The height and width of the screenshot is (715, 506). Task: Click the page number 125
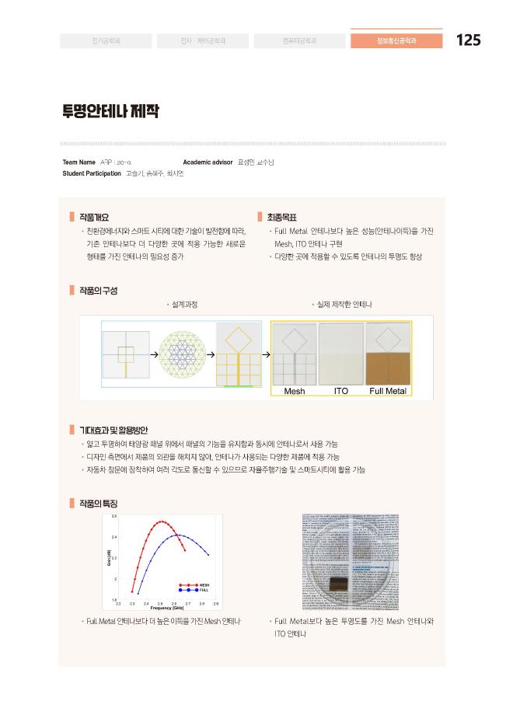(468, 40)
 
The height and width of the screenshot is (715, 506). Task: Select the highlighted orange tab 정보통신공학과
(396, 40)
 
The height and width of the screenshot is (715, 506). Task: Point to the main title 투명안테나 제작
(110, 111)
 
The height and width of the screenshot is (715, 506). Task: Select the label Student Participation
(92, 173)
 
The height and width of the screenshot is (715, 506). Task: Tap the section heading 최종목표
(281, 218)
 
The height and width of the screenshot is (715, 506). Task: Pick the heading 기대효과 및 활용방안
(113, 430)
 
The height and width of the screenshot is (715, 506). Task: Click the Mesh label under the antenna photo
(295, 391)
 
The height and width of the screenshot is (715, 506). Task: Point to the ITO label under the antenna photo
(340, 391)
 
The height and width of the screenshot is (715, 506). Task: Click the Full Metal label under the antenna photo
(388, 391)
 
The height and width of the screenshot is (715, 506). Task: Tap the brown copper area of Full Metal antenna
(387, 370)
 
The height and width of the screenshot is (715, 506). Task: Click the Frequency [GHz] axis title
(167, 608)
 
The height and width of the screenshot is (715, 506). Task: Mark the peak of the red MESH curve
(162, 521)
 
